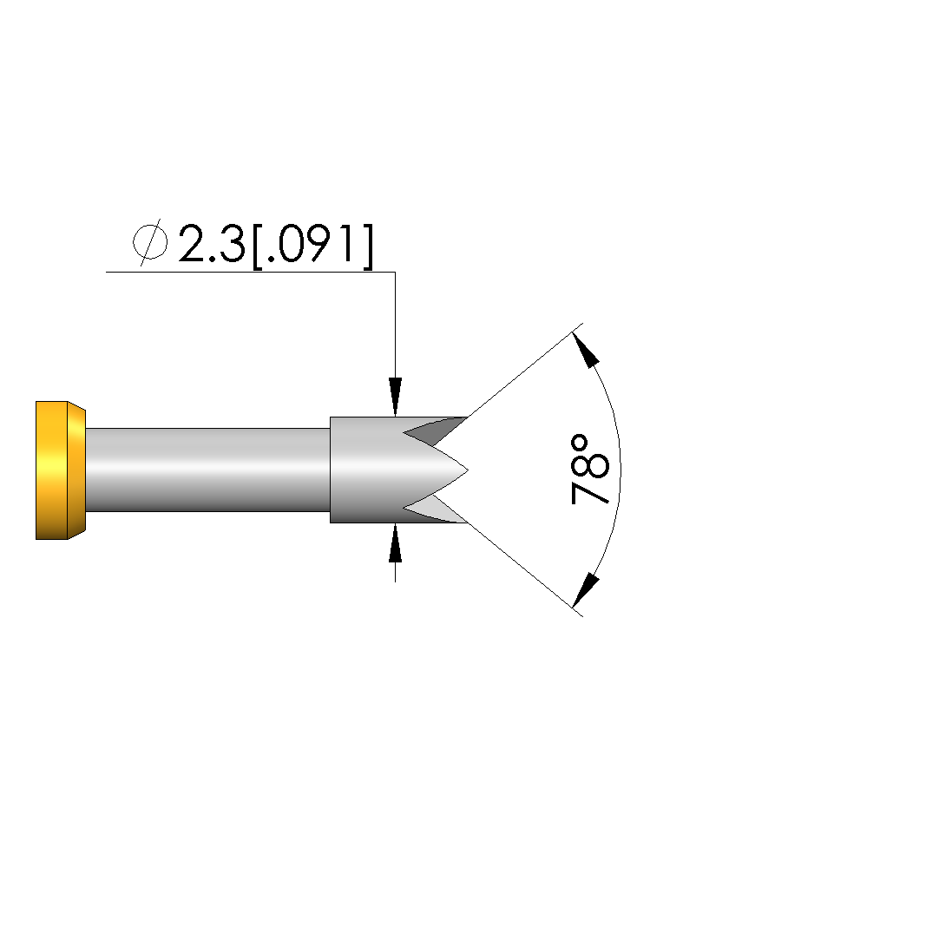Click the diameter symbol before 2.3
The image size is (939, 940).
(150, 242)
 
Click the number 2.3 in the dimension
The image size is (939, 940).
(212, 244)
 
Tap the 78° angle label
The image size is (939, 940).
(590, 470)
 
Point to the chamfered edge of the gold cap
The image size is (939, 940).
(76, 470)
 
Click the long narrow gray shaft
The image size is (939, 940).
(208, 470)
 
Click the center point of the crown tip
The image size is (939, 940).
(467, 470)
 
